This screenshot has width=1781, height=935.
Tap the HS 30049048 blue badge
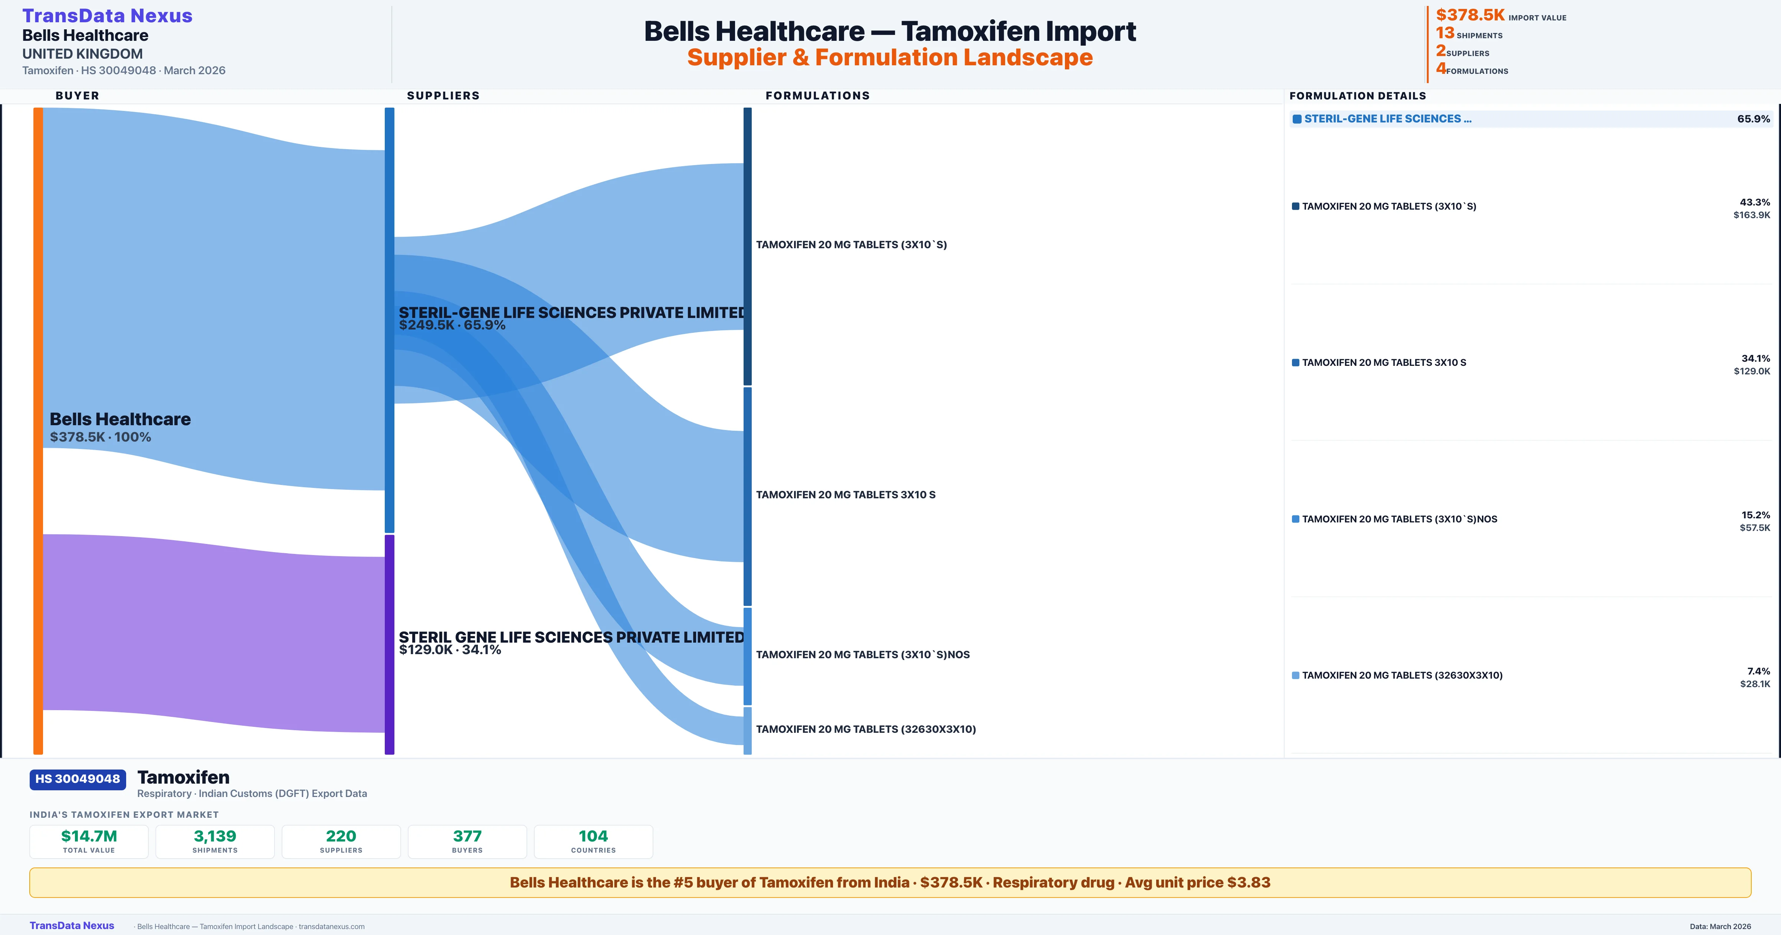click(x=78, y=779)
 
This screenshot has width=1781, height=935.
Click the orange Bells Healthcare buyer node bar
click(x=38, y=429)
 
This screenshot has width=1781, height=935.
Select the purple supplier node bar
click(x=389, y=643)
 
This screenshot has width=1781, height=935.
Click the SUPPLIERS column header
click(x=443, y=95)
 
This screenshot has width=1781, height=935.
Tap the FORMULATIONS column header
click(x=817, y=95)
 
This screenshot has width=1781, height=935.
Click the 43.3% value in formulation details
click(x=1755, y=202)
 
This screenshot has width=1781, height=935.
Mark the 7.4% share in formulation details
click(x=1758, y=671)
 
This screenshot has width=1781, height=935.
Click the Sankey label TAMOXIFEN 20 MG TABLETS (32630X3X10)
click(x=866, y=729)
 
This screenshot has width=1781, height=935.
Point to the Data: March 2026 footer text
click(x=1720, y=926)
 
